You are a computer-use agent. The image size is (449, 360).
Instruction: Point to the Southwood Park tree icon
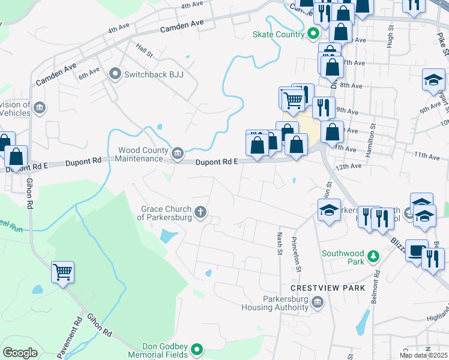374,257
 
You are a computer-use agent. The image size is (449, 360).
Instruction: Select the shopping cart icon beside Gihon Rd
62,273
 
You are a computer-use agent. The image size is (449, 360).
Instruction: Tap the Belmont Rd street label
376,287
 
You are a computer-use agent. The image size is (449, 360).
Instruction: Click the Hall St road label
145,47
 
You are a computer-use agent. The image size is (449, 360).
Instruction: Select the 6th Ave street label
89,73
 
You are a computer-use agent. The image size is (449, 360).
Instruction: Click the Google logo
20,353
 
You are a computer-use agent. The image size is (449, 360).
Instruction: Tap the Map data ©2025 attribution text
423,355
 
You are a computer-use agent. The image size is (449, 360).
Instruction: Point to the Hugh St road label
390,40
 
